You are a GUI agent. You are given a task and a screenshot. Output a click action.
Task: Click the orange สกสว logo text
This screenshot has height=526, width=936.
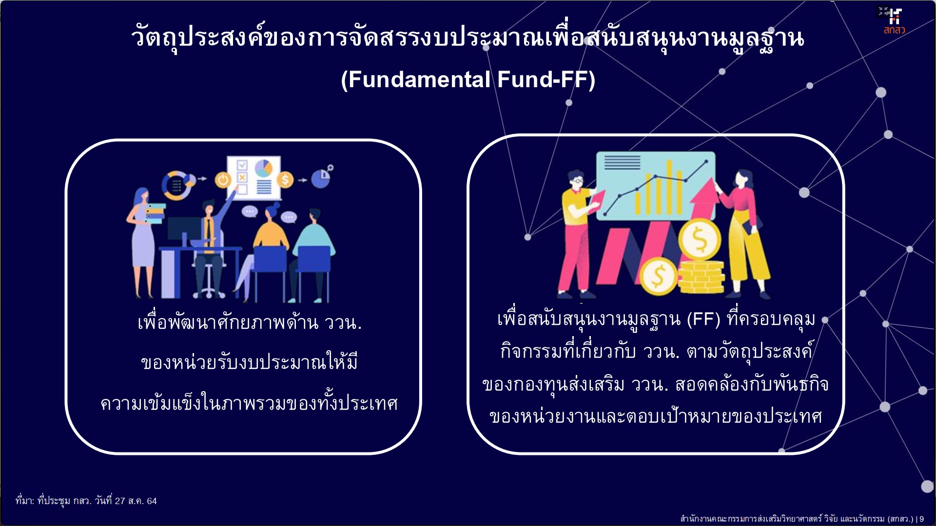click(894, 30)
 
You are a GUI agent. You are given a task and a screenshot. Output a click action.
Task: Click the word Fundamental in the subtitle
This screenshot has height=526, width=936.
click(419, 79)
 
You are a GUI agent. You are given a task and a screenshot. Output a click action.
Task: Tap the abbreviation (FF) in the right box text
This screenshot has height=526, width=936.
click(703, 319)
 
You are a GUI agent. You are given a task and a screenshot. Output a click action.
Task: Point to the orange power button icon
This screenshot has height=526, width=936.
click(223, 180)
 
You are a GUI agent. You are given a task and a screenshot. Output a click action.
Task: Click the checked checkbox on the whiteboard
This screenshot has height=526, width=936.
click(242, 166)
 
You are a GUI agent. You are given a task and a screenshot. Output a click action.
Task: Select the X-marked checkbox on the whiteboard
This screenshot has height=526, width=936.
click(242, 177)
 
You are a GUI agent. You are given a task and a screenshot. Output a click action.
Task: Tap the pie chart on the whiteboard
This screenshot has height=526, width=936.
click(264, 168)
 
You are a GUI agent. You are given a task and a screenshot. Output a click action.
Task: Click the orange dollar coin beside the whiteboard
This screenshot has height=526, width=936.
click(285, 180)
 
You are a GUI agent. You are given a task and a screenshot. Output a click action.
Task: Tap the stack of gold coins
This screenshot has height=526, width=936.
click(702, 276)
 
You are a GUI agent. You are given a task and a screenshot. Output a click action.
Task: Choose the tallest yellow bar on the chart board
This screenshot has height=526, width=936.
click(669, 188)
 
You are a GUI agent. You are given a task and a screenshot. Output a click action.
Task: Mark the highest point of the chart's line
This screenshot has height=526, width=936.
click(706, 161)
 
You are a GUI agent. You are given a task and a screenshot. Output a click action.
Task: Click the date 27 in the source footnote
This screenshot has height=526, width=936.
click(120, 501)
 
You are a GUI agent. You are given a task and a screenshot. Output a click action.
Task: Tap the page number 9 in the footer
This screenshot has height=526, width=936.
click(921, 519)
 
